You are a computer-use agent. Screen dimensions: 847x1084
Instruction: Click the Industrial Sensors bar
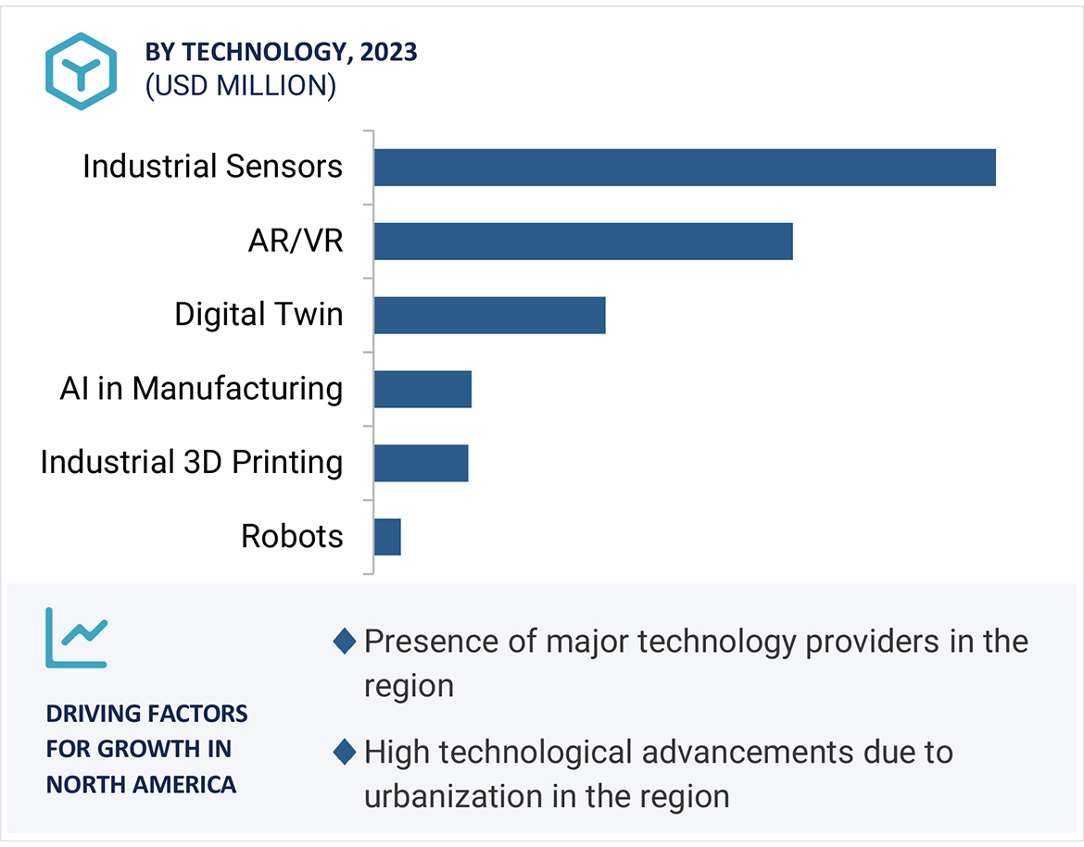(685, 168)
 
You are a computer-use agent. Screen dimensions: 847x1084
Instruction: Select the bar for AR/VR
(584, 242)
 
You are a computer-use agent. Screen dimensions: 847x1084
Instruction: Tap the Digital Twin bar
(489, 315)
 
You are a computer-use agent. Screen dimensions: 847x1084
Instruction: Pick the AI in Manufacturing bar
(422, 389)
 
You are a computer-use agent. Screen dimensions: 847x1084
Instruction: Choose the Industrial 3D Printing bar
(421, 463)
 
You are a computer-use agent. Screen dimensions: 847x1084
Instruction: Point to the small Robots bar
(387, 537)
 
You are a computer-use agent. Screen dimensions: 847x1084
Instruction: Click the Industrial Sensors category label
(212, 167)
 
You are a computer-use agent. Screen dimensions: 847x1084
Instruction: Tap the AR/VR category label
(296, 241)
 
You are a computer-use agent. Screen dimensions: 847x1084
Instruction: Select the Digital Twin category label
(258, 315)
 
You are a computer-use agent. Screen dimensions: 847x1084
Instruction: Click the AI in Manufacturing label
(201, 389)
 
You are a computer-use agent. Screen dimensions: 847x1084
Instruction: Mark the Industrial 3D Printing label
(191, 462)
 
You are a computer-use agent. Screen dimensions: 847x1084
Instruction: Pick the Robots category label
(292, 536)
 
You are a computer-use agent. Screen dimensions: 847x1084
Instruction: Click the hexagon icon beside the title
(82, 71)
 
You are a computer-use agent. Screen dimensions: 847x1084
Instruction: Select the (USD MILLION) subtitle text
(240, 86)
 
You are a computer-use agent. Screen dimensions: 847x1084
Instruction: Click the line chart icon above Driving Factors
(77, 638)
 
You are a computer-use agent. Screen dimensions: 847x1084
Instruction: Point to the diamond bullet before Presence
(345, 641)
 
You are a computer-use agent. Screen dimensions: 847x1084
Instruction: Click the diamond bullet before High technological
(345, 753)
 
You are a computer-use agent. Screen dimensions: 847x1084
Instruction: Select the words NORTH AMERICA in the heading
(141, 785)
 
